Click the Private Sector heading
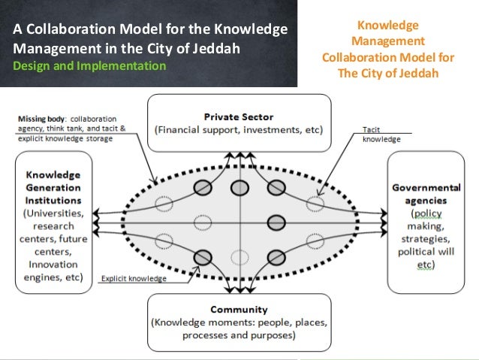(239, 116)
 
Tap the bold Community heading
(239, 309)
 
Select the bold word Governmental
(426, 188)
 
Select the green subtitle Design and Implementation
(89, 66)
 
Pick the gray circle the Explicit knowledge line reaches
(202, 257)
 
